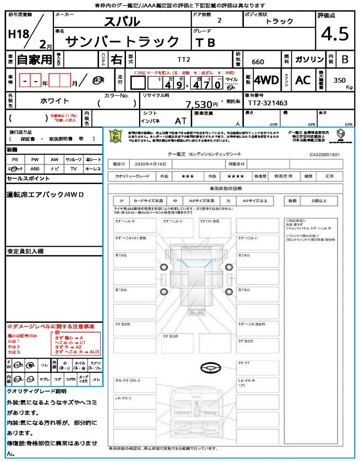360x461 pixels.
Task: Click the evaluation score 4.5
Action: pos(335,34)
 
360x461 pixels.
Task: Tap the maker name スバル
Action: pos(122,21)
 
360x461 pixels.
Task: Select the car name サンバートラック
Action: pos(123,42)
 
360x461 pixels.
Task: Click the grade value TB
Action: pos(205,43)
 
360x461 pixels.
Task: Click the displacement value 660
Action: pos(258,62)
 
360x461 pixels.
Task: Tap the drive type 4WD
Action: pos(266,80)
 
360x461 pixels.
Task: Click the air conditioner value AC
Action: pos(303,80)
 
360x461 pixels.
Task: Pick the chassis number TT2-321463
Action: pos(268,103)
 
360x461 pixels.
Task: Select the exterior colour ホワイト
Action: pos(55,101)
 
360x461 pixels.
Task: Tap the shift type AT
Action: pos(181,120)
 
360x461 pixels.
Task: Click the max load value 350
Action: pos(340,80)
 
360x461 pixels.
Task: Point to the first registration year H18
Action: pos(17,34)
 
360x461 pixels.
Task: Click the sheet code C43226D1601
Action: pos(324,154)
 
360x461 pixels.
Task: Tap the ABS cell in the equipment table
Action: pos(35,169)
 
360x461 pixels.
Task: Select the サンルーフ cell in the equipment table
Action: pos(74,159)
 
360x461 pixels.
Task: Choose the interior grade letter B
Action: pos(345,59)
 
